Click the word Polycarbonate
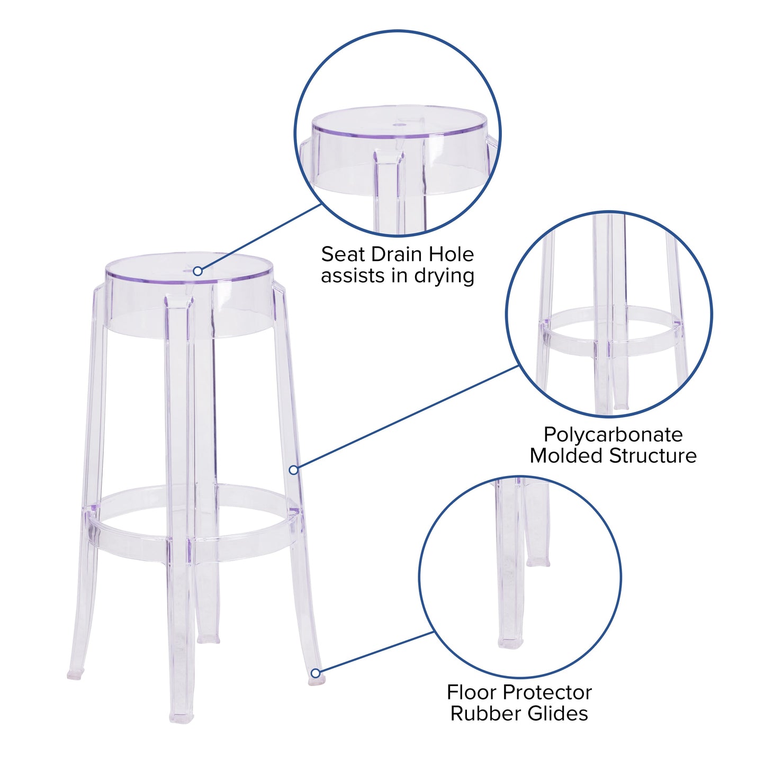pos(613,435)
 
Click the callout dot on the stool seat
pos(197,271)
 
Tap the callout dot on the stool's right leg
pos(293,470)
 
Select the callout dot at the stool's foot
pos(316,673)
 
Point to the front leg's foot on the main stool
pos(181,718)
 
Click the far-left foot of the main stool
pos(74,675)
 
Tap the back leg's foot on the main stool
pos(209,639)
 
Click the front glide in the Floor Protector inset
pos(510,642)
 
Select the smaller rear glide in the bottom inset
pos(538,562)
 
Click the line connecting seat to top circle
pos(259,237)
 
